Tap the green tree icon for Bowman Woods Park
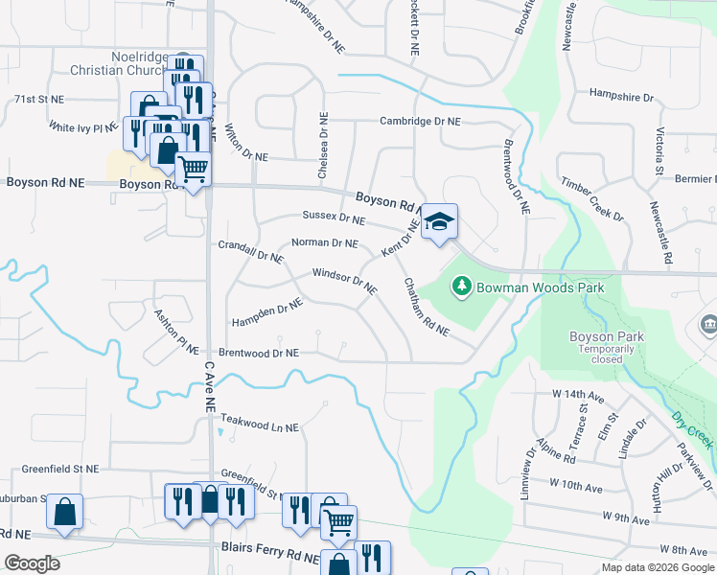462,286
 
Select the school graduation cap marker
439,222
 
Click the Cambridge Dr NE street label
420,122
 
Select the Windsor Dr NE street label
344,282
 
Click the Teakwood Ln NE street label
260,424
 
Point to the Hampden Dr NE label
266,310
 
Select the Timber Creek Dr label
592,199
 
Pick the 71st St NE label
38,99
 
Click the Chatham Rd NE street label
427,306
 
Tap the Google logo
32,563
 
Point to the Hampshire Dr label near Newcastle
620,98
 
